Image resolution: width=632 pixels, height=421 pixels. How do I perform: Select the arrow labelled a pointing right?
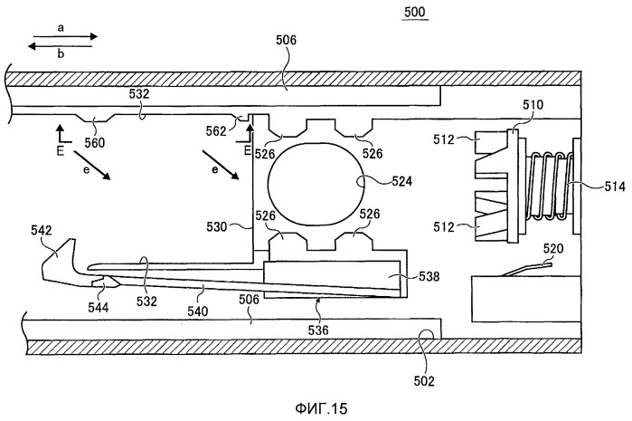click(60, 38)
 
